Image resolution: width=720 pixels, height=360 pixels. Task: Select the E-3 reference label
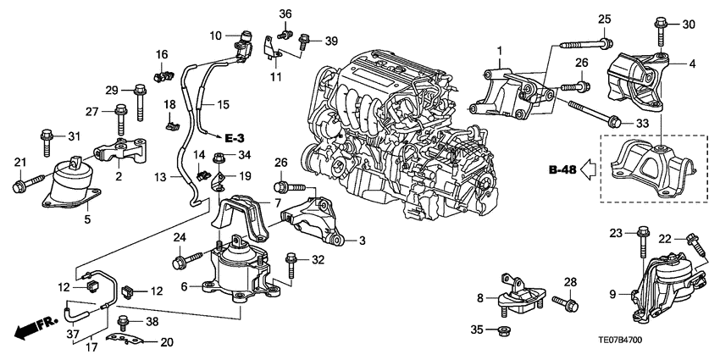(x=237, y=136)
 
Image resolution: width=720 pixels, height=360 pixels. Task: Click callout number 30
(x=688, y=24)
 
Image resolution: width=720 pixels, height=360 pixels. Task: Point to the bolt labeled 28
(x=565, y=302)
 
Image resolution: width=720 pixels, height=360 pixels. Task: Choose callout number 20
(x=166, y=342)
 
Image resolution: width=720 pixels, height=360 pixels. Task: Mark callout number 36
(x=285, y=14)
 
